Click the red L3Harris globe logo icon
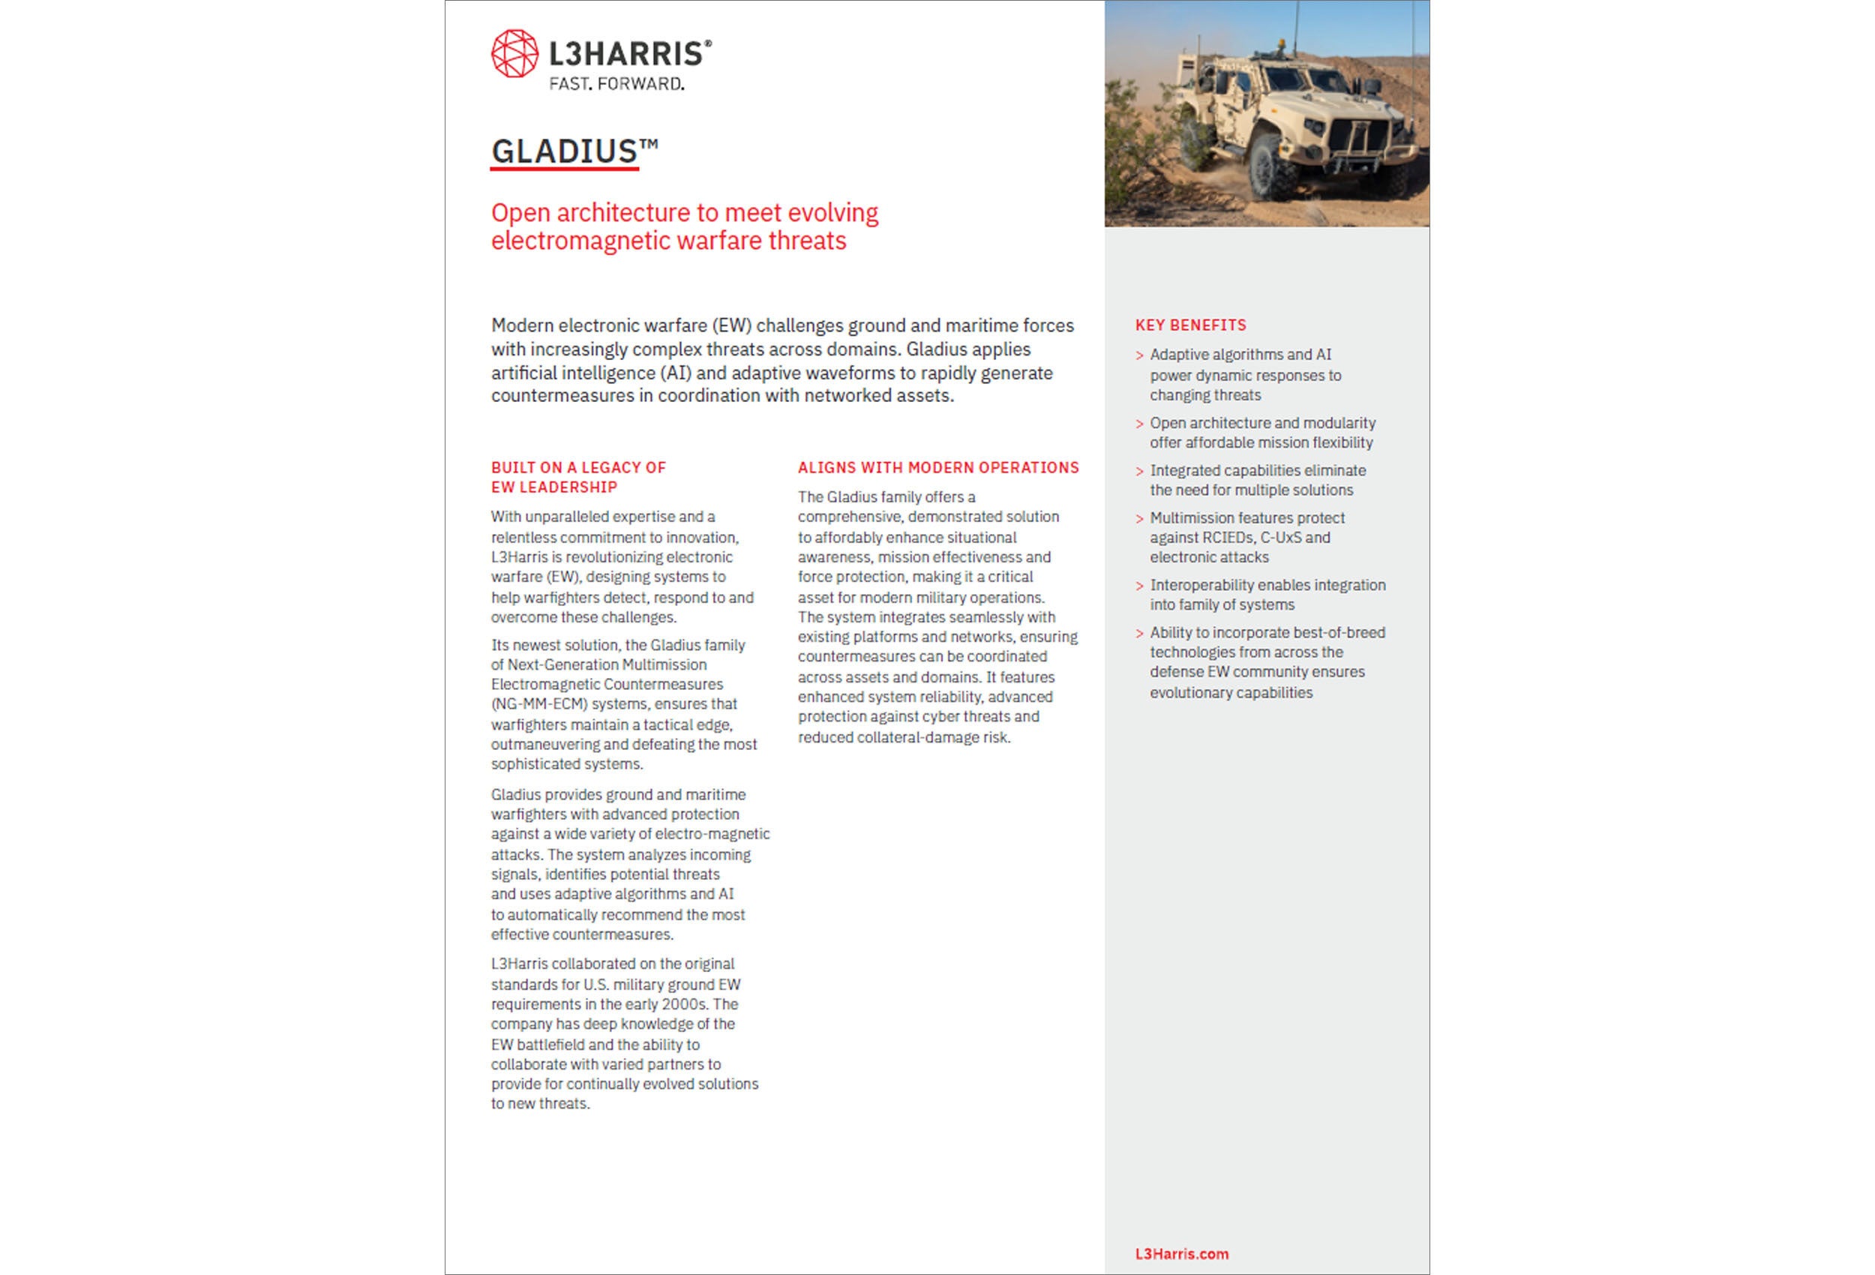[514, 54]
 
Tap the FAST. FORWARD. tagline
[616, 84]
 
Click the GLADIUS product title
[565, 151]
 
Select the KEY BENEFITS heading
[1190, 325]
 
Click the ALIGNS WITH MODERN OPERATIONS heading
[937, 468]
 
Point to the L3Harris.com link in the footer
[1181, 1254]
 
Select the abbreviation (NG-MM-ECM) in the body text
[539, 704]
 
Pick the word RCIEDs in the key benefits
[1226, 538]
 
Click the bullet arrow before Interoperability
[1139, 586]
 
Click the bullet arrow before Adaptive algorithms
[1139, 355]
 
